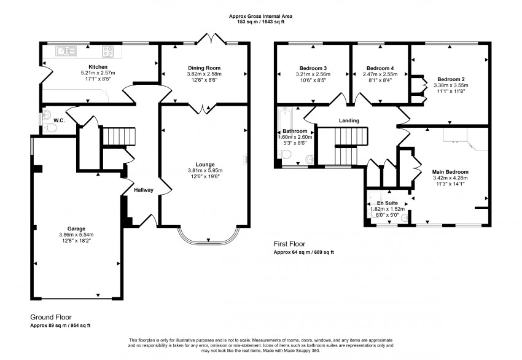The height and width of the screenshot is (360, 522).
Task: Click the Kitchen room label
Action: (x=98, y=67)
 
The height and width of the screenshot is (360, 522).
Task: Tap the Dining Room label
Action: (x=204, y=68)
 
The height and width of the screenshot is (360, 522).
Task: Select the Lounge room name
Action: (x=205, y=164)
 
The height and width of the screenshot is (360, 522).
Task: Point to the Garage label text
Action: (x=76, y=228)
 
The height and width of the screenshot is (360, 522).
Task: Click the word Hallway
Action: (x=143, y=190)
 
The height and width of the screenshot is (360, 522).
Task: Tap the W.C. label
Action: (x=60, y=120)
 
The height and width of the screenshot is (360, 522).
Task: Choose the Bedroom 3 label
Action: (x=313, y=68)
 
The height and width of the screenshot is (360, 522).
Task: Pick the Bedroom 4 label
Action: (x=379, y=68)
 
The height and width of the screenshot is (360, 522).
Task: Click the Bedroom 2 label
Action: (x=450, y=79)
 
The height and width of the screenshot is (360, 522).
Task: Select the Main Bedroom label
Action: (x=450, y=172)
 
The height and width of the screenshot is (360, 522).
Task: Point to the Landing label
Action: (x=349, y=120)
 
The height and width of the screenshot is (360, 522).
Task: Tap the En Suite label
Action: (x=388, y=202)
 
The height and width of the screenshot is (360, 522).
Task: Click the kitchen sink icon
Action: (x=63, y=50)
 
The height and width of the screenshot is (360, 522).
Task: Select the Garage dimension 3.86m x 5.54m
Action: (x=76, y=235)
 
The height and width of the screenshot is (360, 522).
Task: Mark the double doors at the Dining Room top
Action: (x=211, y=41)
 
